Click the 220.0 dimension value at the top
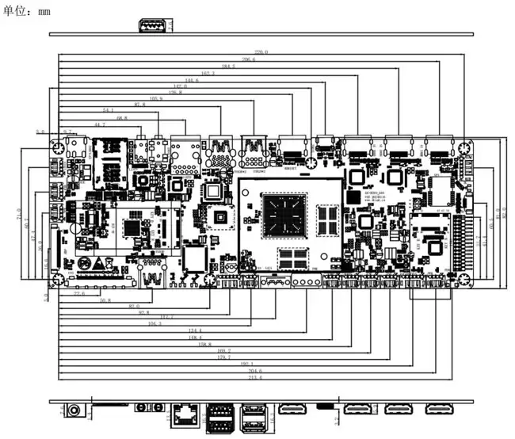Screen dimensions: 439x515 point(261,52)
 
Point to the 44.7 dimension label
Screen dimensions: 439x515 point(99,124)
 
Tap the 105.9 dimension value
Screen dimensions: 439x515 point(155,98)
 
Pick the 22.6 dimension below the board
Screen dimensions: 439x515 point(78,293)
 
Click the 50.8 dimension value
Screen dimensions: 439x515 point(105,300)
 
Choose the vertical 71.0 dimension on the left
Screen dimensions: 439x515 point(17,216)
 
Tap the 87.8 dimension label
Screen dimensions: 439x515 point(139,105)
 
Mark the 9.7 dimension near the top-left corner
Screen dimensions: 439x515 point(68,132)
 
